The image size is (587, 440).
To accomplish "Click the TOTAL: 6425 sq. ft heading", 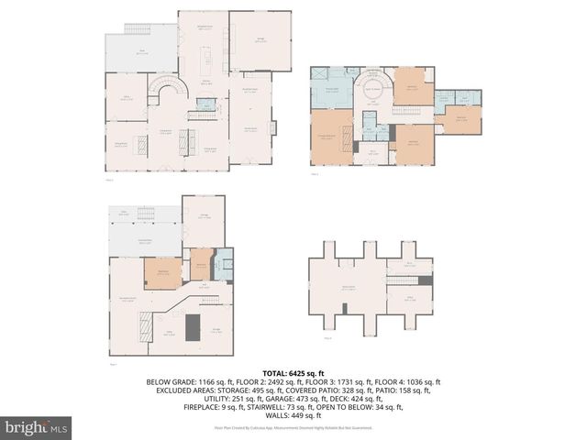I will coord(293,373).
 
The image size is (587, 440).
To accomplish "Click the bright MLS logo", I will coord(37,427).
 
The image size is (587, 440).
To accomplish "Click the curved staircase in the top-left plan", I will coord(170,90).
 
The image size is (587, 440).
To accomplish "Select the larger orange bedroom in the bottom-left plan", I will coord(161,273).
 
